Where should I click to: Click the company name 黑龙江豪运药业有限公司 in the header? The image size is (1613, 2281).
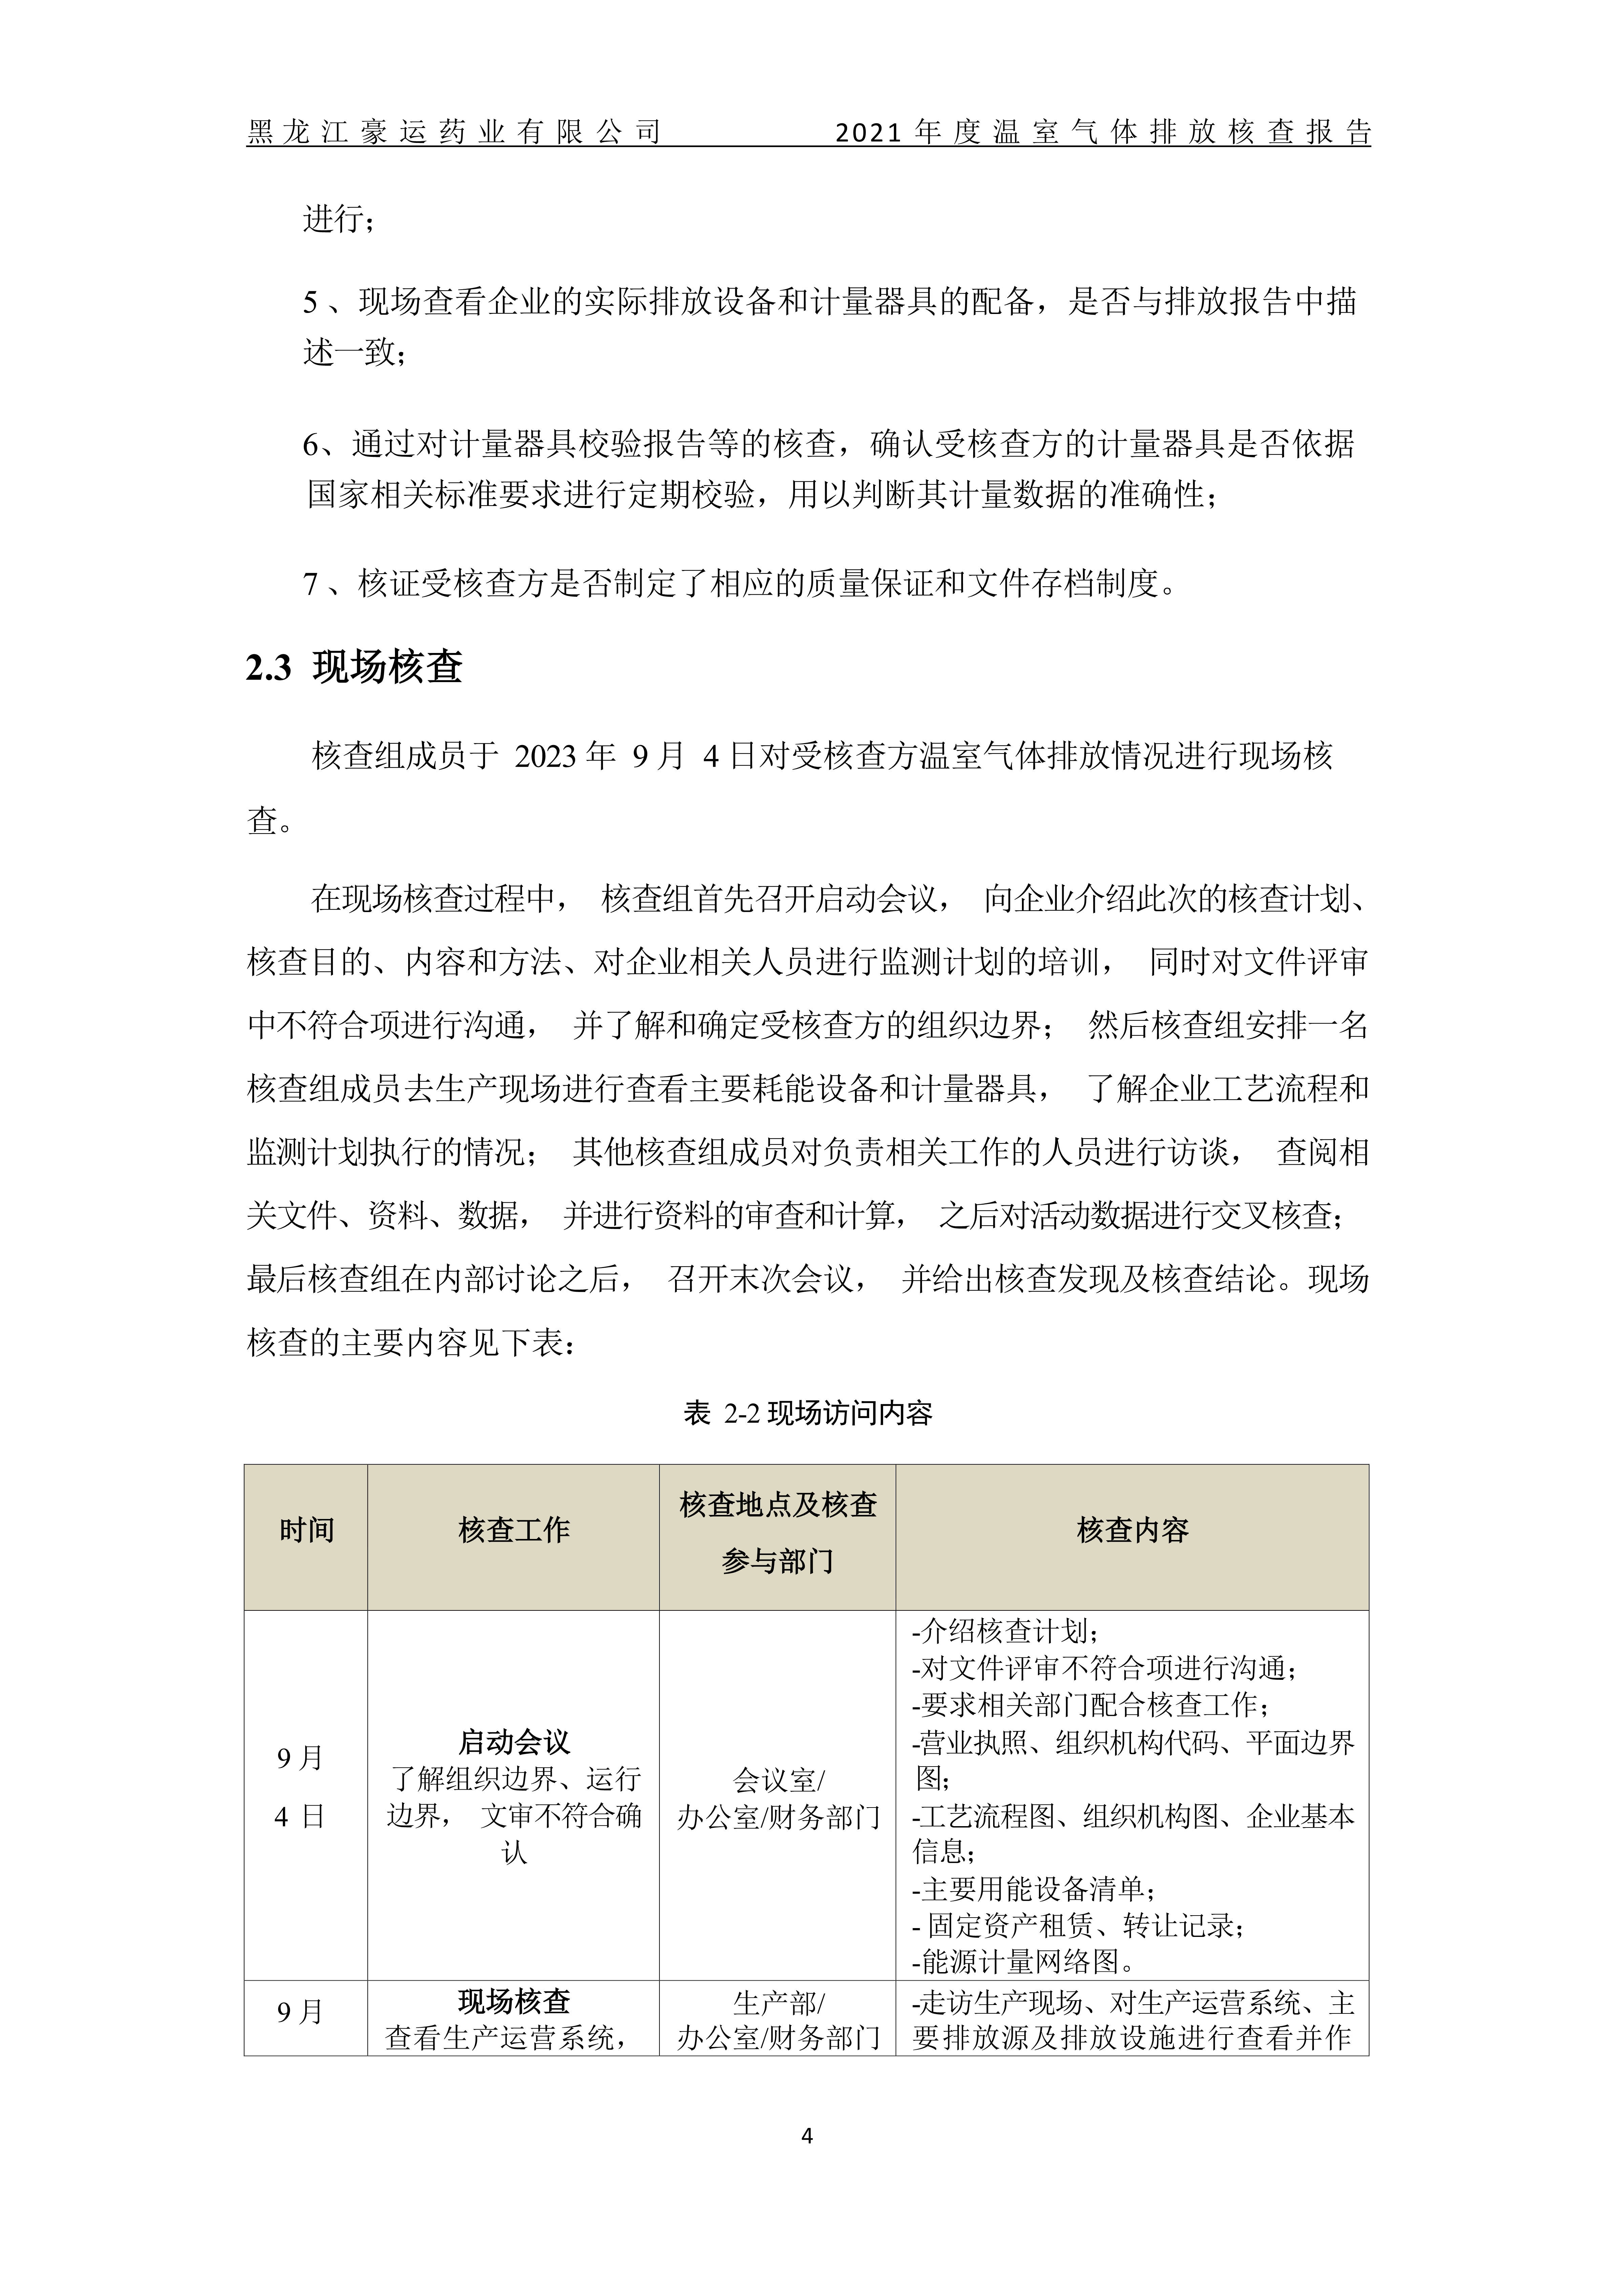pos(453,132)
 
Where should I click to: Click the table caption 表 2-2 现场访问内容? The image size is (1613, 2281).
pos(807,1413)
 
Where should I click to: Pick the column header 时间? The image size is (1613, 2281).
pos(306,1530)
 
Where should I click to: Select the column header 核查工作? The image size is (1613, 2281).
pos(514,1530)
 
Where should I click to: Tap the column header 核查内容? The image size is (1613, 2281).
pos(1132,1530)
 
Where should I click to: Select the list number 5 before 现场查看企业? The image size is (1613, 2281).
pos(310,302)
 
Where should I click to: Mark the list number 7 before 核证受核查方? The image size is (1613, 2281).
pos(310,584)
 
